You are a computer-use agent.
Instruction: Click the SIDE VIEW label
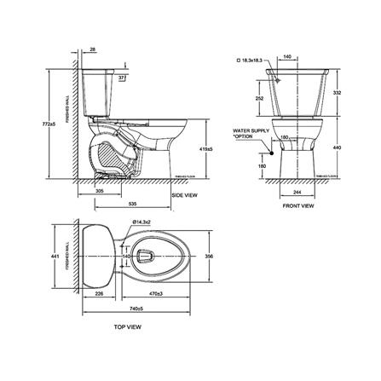click(x=186, y=195)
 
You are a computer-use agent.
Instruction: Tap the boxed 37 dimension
click(x=121, y=78)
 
